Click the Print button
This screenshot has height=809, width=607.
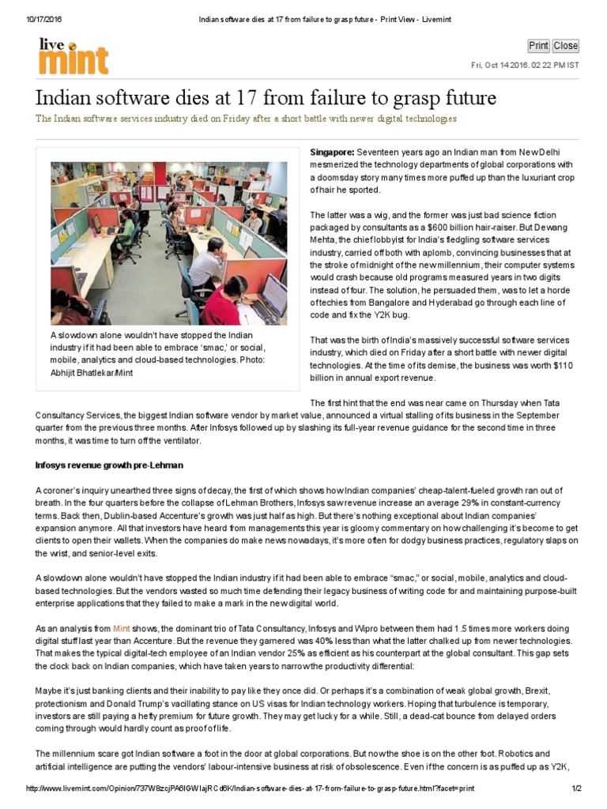point(538,46)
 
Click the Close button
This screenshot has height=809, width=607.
point(565,46)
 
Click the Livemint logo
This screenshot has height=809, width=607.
point(74,56)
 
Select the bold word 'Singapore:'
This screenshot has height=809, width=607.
point(332,152)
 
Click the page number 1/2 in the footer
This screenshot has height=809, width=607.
point(576,788)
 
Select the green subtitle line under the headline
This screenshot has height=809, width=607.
point(246,119)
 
